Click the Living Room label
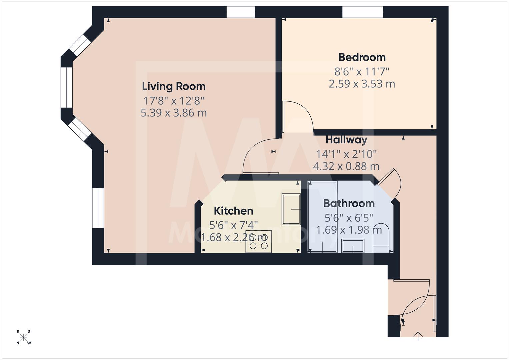coord(173,86)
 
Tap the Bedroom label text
coord(362,57)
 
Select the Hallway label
coord(346,140)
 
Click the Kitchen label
coord(233,211)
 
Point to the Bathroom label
coord(349,203)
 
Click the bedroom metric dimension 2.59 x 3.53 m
coord(362,84)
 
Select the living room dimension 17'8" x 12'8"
coord(173,100)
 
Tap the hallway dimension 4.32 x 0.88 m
coord(346,166)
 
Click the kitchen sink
coord(291,209)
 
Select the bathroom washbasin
coord(353,246)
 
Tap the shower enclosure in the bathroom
coord(322,217)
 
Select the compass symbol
coord(23,337)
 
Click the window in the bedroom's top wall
coord(363,12)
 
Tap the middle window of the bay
coord(67,87)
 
